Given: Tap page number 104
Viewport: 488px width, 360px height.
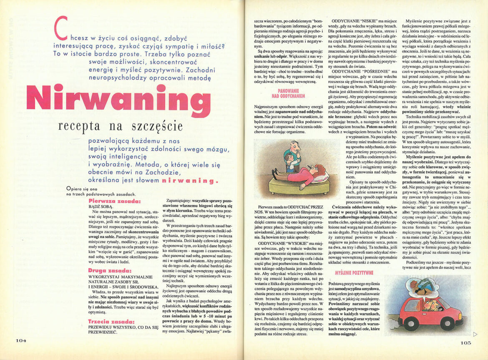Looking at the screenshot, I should coord(21,340).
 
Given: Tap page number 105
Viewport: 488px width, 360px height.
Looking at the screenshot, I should coord(465,343).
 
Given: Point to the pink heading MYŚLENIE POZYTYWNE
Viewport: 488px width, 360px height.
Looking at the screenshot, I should coord(354,273).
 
